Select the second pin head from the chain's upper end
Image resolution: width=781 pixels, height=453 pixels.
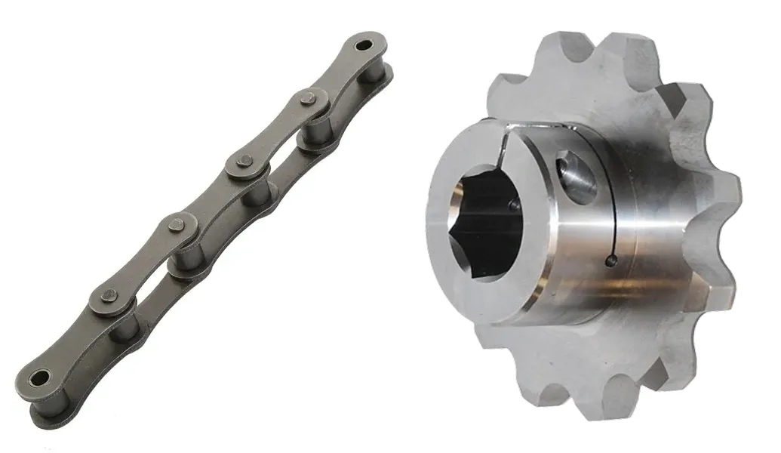244,161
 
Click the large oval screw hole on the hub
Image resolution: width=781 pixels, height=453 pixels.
577,177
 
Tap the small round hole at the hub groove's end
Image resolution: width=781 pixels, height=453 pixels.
611,261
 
